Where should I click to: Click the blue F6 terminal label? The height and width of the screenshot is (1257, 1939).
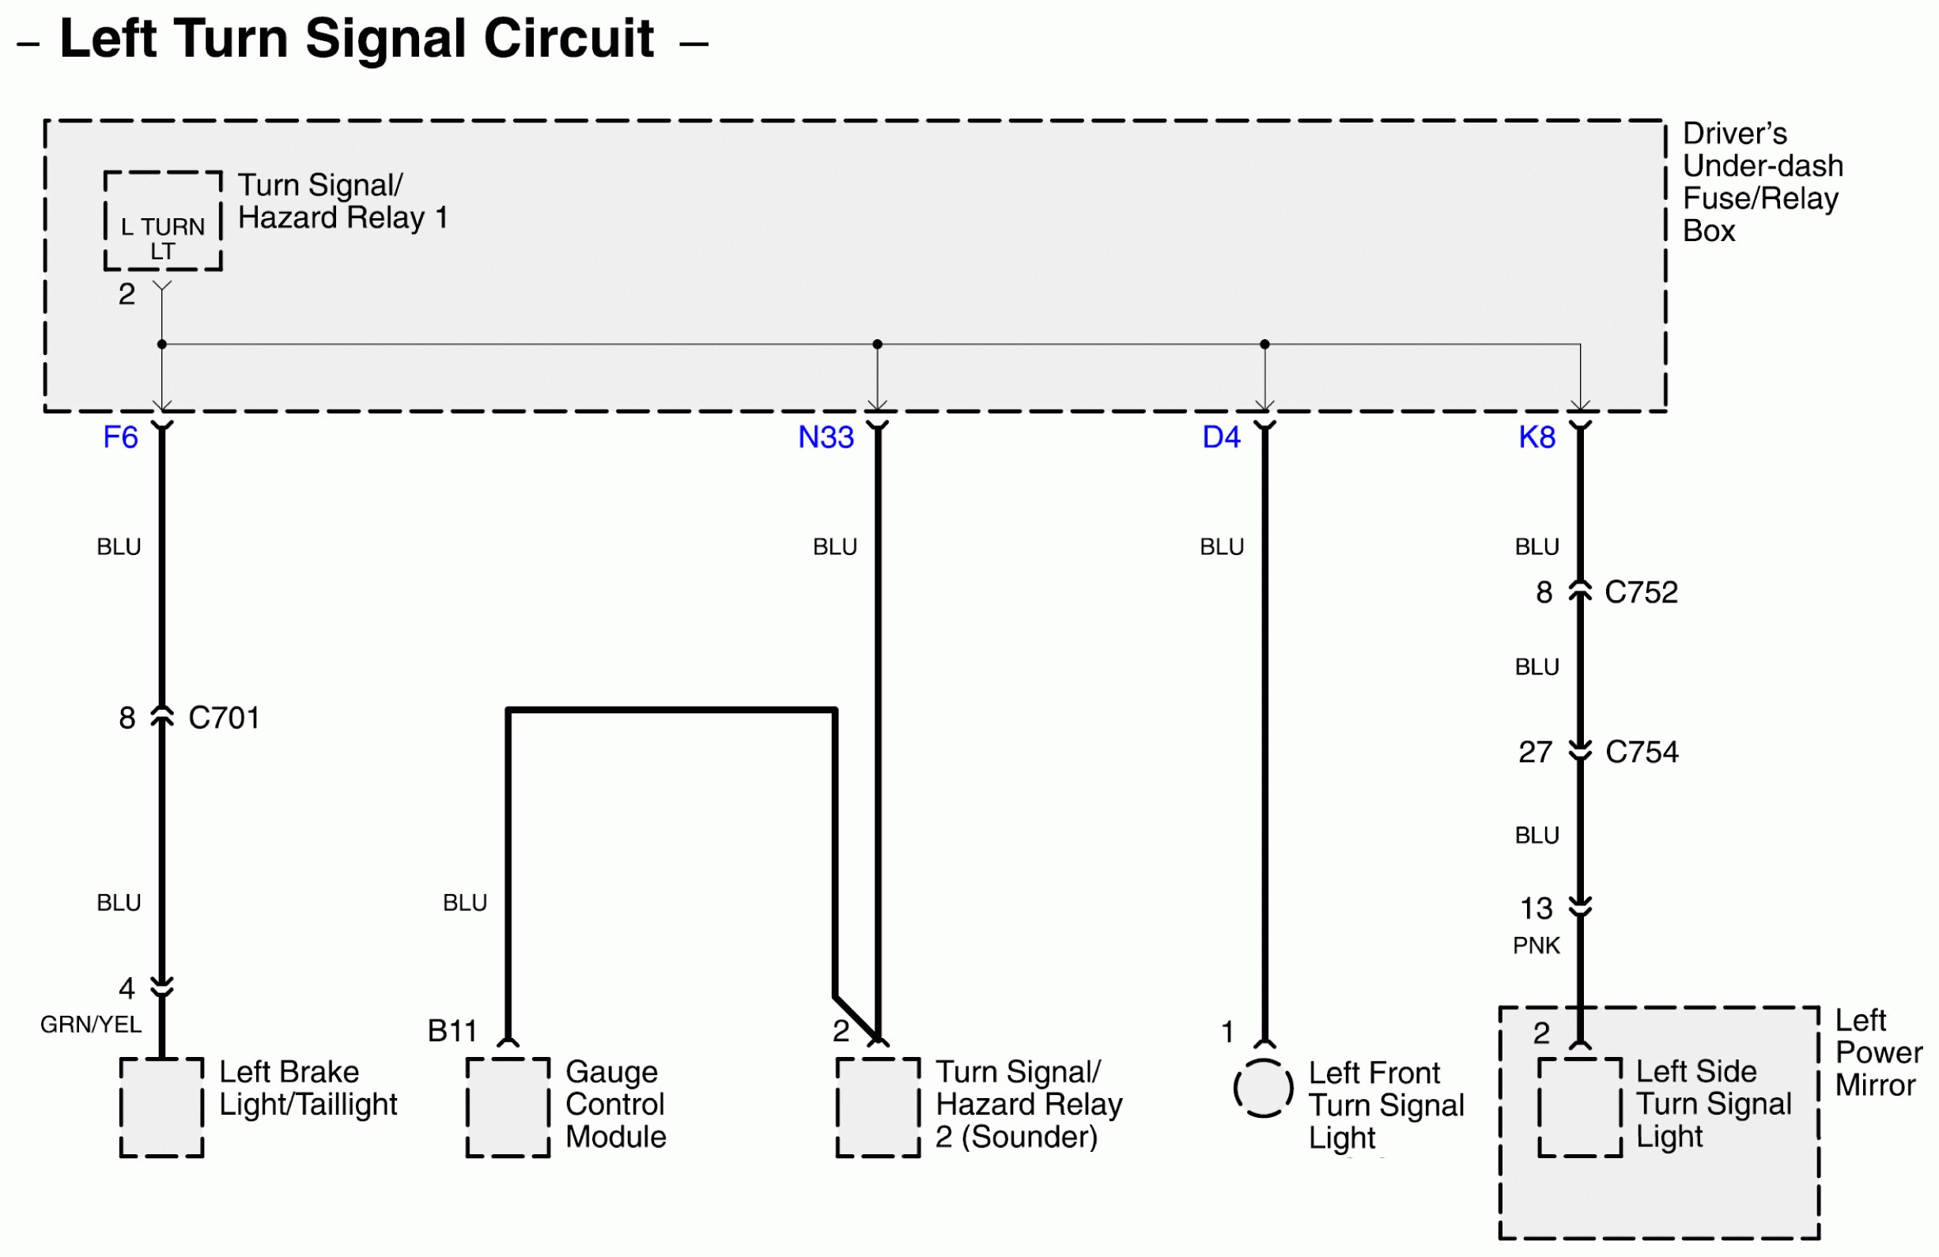pos(120,437)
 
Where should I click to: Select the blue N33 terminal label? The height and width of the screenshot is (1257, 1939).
pos(826,437)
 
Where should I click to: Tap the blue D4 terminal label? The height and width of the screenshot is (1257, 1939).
pos(1220,437)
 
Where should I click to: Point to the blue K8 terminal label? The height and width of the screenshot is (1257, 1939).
pos(1536,437)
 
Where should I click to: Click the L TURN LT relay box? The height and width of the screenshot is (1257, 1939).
pos(163,221)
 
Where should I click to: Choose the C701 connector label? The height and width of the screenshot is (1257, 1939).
pos(224,718)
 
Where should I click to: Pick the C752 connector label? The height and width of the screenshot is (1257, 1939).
pos(1641,592)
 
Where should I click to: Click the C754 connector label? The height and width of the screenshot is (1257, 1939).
pos(1642,752)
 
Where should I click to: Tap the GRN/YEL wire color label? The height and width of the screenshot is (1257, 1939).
pos(90,1024)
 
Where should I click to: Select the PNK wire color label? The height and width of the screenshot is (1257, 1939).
pos(1536,945)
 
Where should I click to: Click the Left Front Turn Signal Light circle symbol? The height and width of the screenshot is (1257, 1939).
pos(1264,1089)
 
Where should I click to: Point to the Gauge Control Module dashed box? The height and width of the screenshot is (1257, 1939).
pos(508,1107)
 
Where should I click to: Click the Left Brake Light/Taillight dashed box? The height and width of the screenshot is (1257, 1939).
pos(161,1107)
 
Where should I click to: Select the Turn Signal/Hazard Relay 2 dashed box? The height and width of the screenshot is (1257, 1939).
pos(878,1107)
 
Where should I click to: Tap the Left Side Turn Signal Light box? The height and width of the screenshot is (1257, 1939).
pos(1580,1107)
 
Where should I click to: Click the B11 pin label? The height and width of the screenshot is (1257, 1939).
pos(452,1032)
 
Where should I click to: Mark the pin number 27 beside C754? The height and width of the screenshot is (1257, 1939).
pos(1535,752)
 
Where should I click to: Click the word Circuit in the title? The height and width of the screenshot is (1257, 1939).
pos(569,38)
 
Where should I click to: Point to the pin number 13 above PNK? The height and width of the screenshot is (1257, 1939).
pos(1536,908)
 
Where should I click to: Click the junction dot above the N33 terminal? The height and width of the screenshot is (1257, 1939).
pos(878,345)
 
